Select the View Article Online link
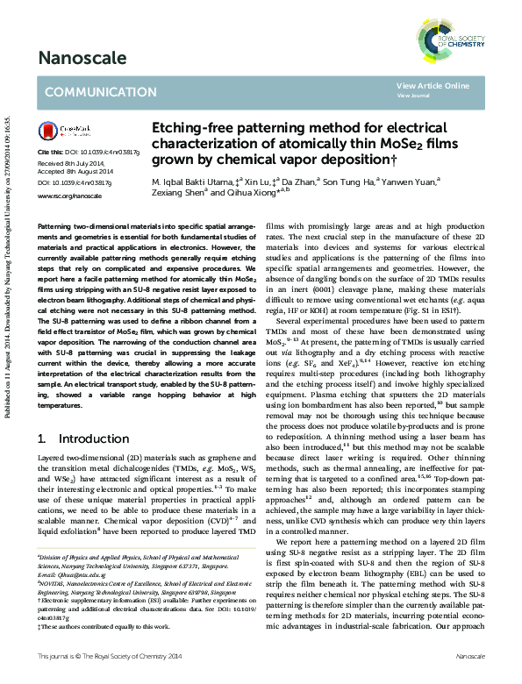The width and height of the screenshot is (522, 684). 433,86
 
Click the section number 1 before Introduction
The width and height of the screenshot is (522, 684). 41,438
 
